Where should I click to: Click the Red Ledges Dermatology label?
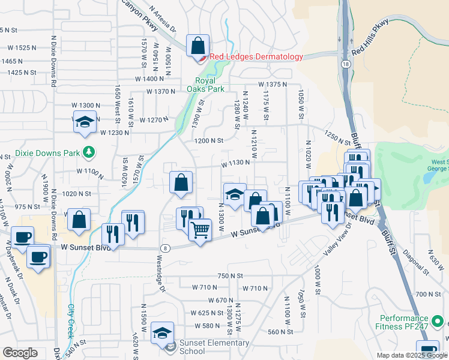point(256,57)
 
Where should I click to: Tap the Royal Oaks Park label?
point(209,85)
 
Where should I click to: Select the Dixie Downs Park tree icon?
point(89,152)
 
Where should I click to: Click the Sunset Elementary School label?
point(205,347)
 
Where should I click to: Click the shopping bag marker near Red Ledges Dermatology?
point(197,46)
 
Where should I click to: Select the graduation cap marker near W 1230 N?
point(85,122)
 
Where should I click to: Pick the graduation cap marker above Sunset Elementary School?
point(162,333)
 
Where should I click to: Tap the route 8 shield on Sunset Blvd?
point(164,248)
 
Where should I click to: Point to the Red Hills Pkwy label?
point(370,37)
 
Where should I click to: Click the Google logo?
point(20,353)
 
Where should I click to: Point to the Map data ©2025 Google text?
point(412,355)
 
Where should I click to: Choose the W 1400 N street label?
point(149,79)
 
